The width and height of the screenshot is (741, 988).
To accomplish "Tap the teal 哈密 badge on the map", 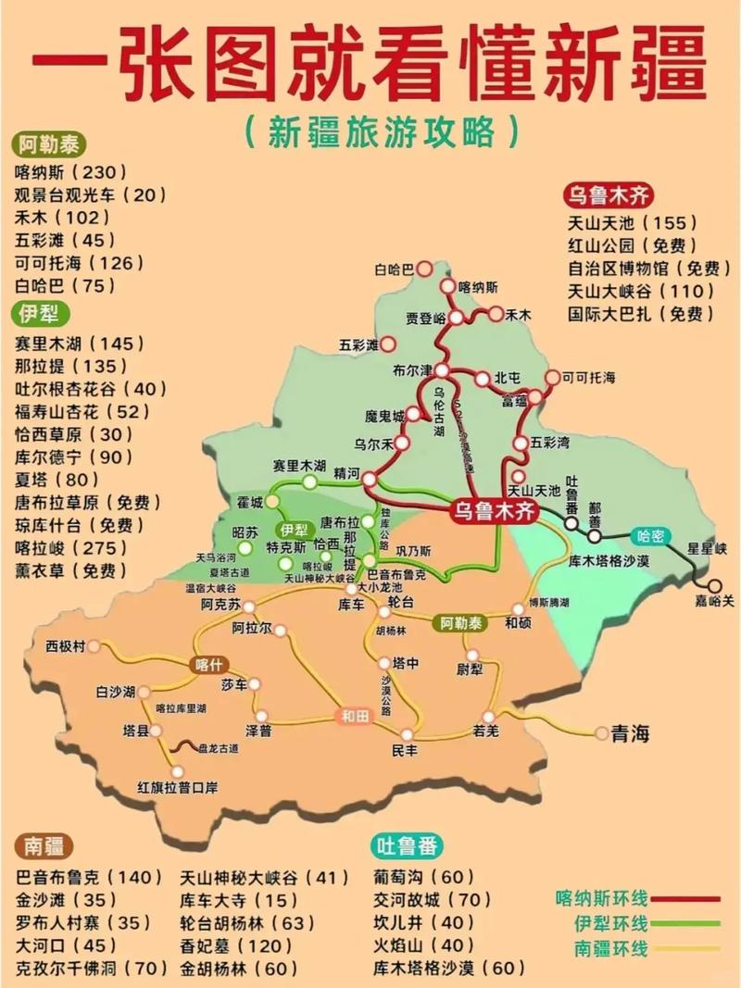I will pos(649,535).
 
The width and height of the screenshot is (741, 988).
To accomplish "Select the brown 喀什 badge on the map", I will pos(209,664).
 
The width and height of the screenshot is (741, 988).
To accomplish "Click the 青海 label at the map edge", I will pos(630,734).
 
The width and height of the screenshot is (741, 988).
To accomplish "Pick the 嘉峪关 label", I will pos(715,602).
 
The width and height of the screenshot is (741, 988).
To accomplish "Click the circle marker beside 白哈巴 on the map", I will pos(424,269).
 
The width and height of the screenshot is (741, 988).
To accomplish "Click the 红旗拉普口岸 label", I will pos(177,787).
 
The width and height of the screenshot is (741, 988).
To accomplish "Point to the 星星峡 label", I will pos(706,547).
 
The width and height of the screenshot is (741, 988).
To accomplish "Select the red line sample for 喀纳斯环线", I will pos(686,898).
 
